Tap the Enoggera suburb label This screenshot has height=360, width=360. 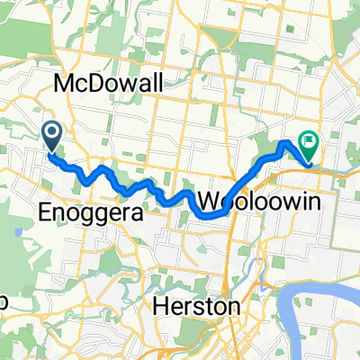[x=87, y=212]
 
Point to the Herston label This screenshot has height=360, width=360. [x=195, y=307]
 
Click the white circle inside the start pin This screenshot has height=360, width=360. [x=51, y=134]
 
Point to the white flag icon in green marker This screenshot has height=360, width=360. [x=310, y=139]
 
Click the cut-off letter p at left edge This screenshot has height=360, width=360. [x=4, y=301]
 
